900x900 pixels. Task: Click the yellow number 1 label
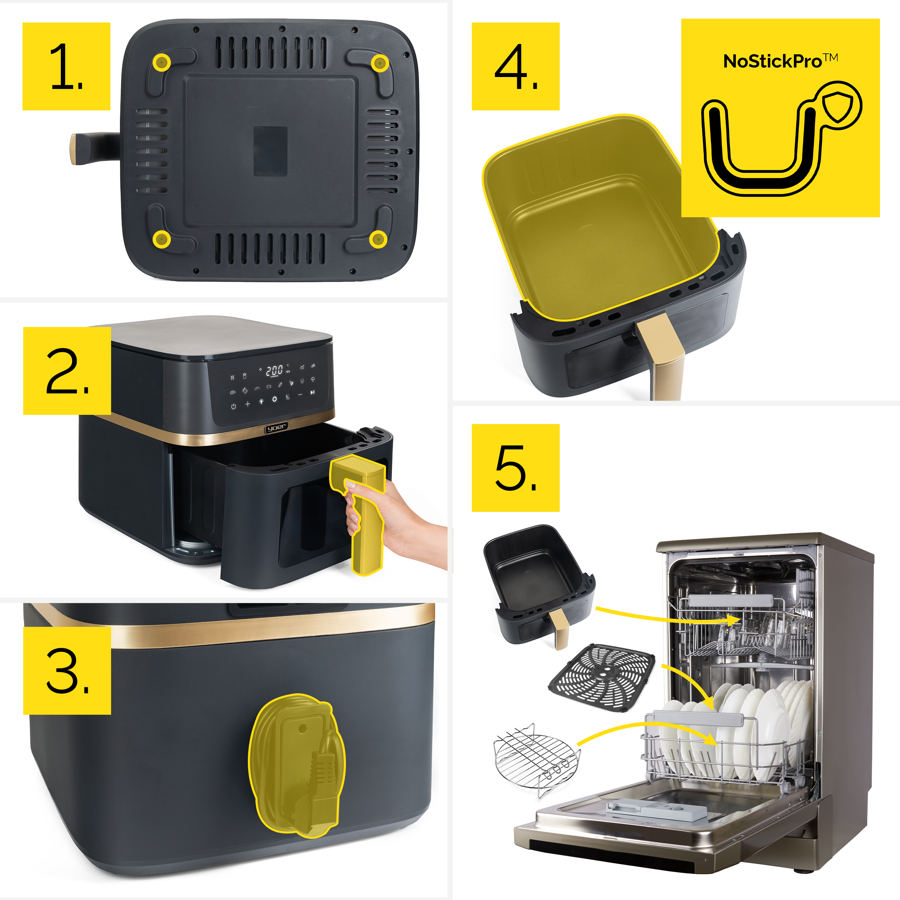[x=66, y=66]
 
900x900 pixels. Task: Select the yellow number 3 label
[x=67, y=670]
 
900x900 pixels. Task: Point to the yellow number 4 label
[x=516, y=66]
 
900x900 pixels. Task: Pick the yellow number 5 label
[x=516, y=468]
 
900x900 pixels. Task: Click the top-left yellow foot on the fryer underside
[x=162, y=62]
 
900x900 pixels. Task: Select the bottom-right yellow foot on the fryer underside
[x=378, y=239]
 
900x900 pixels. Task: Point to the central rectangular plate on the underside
[x=270, y=151]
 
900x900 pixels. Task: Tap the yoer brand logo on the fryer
[x=276, y=427]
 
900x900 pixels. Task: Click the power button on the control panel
[x=233, y=406]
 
